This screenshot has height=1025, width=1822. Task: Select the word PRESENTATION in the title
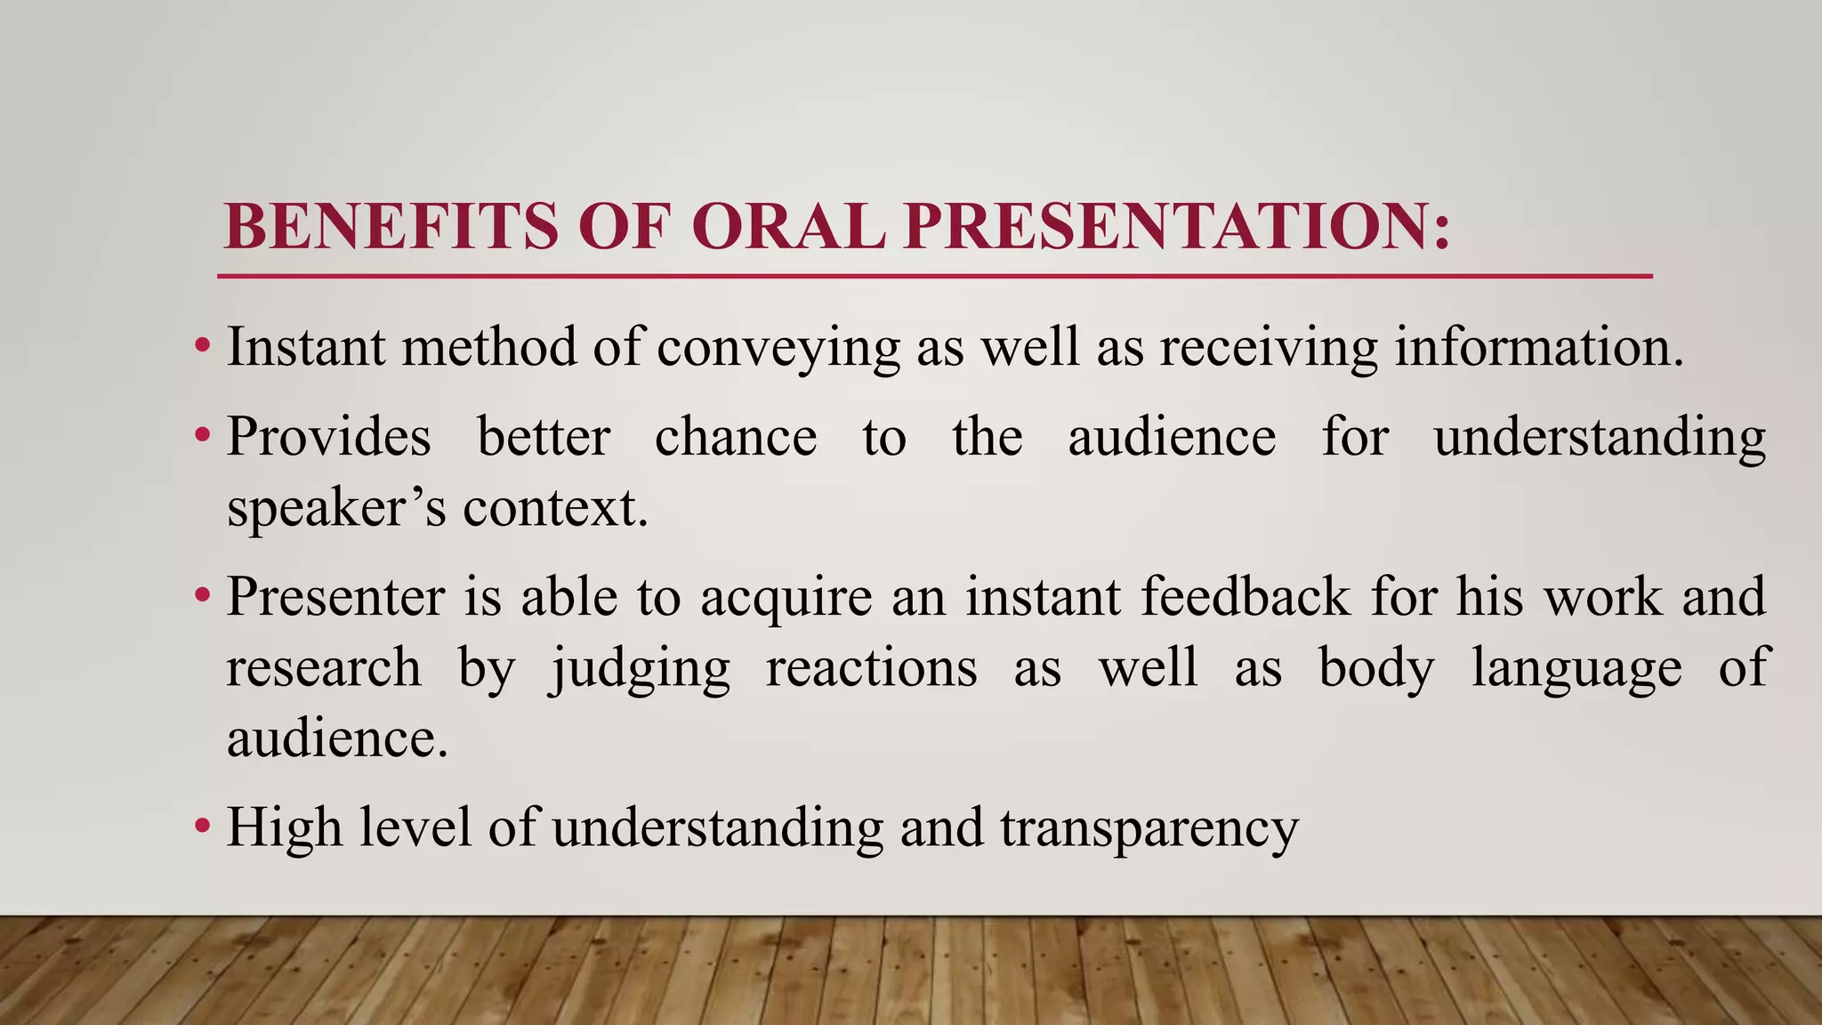click(x=1177, y=226)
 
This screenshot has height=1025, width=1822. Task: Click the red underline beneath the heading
click(x=934, y=277)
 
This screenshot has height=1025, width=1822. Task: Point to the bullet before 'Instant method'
click(x=203, y=345)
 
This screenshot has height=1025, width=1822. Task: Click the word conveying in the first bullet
click(x=778, y=347)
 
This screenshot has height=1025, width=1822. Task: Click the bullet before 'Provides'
click(x=203, y=436)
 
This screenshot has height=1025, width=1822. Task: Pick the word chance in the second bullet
click(x=736, y=438)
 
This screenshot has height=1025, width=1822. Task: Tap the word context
click(x=555, y=509)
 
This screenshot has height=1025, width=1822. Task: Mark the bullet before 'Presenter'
click(x=203, y=595)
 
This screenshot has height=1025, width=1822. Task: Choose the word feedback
click(x=1246, y=596)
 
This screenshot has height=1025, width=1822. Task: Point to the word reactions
click(x=871, y=669)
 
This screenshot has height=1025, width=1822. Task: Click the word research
click(x=323, y=669)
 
